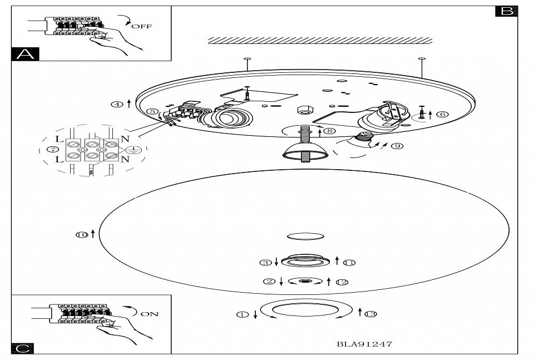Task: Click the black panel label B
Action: [x=506, y=11]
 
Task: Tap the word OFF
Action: [x=141, y=26]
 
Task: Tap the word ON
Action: [x=149, y=314]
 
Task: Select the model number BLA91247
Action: [x=364, y=344]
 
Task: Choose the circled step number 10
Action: [x=82, y=235]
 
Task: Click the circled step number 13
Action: [x=370, y=314]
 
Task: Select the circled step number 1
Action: [x=242, y=314]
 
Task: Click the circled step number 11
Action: [x=349, y=262]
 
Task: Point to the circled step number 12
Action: [x=342, y=282]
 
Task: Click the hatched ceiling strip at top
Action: [x=320, y=41]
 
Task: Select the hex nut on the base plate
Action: [x=305, y=110]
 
